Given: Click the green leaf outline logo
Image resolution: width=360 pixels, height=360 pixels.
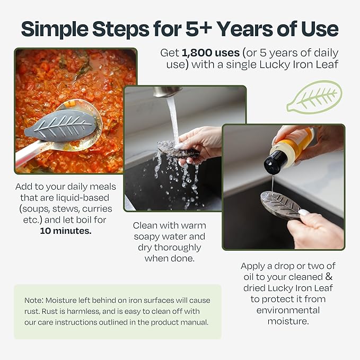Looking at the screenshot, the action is pyautogui.click(x=314, y=97).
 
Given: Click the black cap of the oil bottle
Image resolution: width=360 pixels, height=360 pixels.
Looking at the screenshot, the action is pyautogui.click(x=275, y=162).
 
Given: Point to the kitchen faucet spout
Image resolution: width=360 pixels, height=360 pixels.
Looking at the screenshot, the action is pyautogui.click(x=167, y=91).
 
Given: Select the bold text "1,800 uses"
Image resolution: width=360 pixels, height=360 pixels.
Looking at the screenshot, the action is pyautogui.click(x=210, y=53).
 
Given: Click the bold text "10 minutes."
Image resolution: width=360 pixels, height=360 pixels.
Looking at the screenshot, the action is pyautogui.click(x=66, y=231).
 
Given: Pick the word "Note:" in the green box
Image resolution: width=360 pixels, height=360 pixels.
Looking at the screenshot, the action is pyautogui.click(x=34, y=300).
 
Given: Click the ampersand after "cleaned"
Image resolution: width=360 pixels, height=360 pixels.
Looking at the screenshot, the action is pyautogui.click(x=329, y=277).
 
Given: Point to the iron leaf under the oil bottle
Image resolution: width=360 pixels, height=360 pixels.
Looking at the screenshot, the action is pyautogui.click(x=280, y=204).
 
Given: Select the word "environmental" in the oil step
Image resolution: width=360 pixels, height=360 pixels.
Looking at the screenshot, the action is pyautogui.click(x=288, y=310).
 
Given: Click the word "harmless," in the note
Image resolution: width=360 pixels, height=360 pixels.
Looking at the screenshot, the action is pyautogui.click(x=84, y=311).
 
